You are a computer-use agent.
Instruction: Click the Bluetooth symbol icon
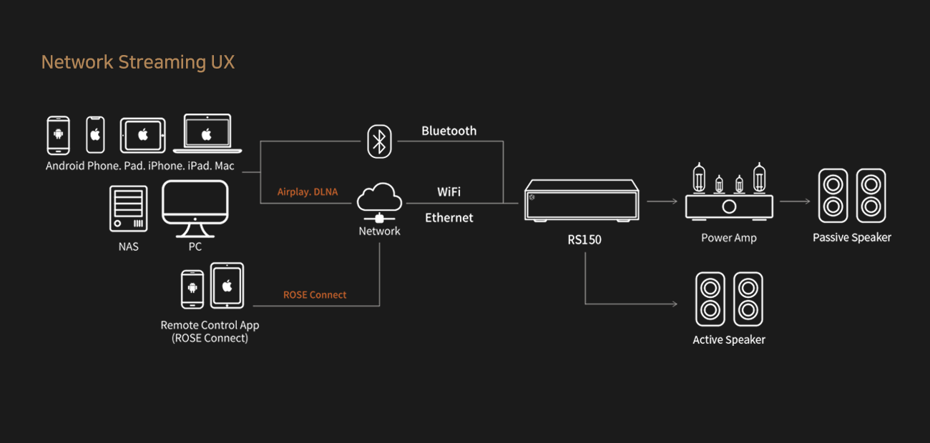379,141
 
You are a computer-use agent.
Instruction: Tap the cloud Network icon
379,202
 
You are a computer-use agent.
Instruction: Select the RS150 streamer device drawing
582,200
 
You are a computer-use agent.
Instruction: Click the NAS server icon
128,209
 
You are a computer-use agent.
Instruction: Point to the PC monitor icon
195,209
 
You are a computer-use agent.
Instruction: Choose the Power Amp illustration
729,191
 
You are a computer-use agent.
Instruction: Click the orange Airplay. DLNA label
308,191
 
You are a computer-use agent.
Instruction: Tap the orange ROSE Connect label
315,294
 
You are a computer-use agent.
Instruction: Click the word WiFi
449,191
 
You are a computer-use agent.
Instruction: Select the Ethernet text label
449,218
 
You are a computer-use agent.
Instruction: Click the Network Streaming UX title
138,62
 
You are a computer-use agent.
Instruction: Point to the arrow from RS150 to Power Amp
662,201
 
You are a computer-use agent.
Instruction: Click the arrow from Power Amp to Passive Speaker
795,201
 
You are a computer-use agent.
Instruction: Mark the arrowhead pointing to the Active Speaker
675,304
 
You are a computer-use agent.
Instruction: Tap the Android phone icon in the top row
58,135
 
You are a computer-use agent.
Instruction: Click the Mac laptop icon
207,134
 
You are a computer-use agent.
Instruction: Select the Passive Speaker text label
852,237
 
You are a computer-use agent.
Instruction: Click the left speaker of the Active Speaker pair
710,299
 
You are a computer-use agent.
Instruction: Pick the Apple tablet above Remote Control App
227,285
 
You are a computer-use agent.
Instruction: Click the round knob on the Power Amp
729,206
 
